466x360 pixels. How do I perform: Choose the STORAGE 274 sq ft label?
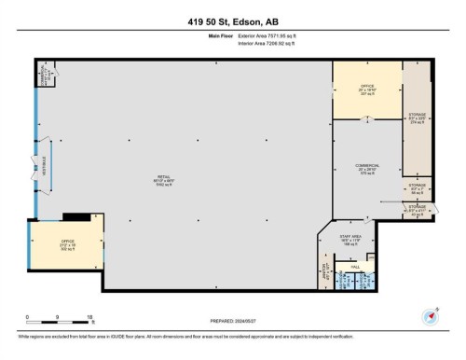point(417,121)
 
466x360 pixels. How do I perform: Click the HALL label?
point(355,268)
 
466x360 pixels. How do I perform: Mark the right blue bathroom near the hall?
point(364,280)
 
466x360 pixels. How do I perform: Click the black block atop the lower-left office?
point(84,218)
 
